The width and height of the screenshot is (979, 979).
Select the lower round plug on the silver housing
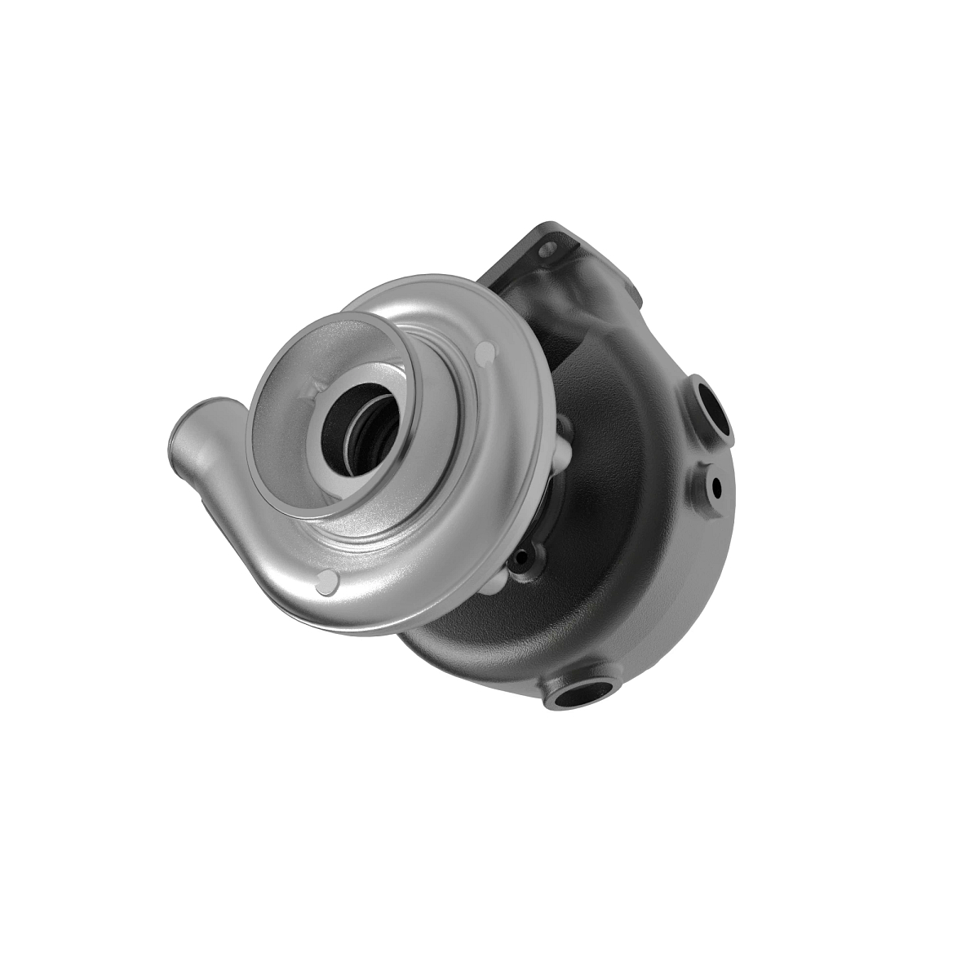click(326, 582)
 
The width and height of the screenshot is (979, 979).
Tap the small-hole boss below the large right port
click(715, 485)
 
